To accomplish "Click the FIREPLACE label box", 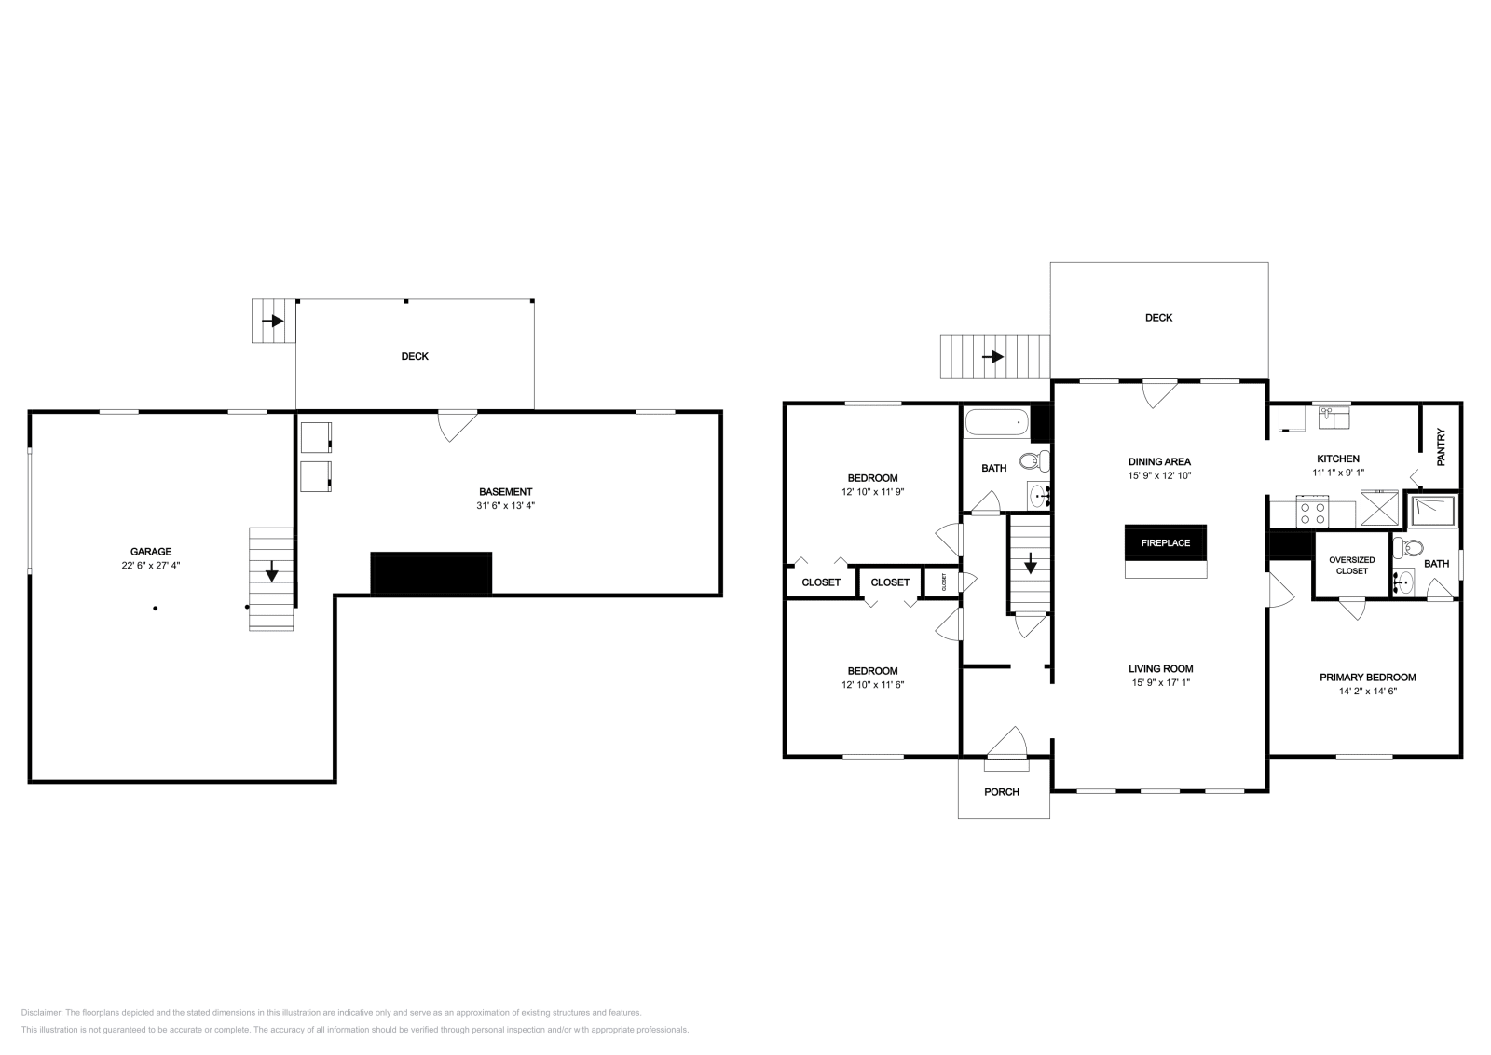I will click(1166, 542).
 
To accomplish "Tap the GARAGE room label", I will click(151, 552).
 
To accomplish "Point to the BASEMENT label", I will click(505, 492).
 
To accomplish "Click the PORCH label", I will click(1003, 792).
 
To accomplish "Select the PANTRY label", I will click(1442, 446).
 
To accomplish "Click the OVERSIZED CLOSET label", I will click(1351, 565).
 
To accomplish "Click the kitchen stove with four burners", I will click(1312, 512).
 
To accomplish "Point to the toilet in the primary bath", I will click(1407, 547).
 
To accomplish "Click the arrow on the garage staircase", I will click(271, 571).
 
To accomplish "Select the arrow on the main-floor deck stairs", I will click(993, 357).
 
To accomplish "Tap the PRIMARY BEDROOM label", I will click(1367, 678).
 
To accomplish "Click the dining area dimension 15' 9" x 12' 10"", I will click(1159, 475).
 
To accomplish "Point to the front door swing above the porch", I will click(1006, 745).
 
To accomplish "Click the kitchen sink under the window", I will click(1334, 419).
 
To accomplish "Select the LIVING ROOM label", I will click(1160, 668).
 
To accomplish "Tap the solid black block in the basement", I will click(431, 572).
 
